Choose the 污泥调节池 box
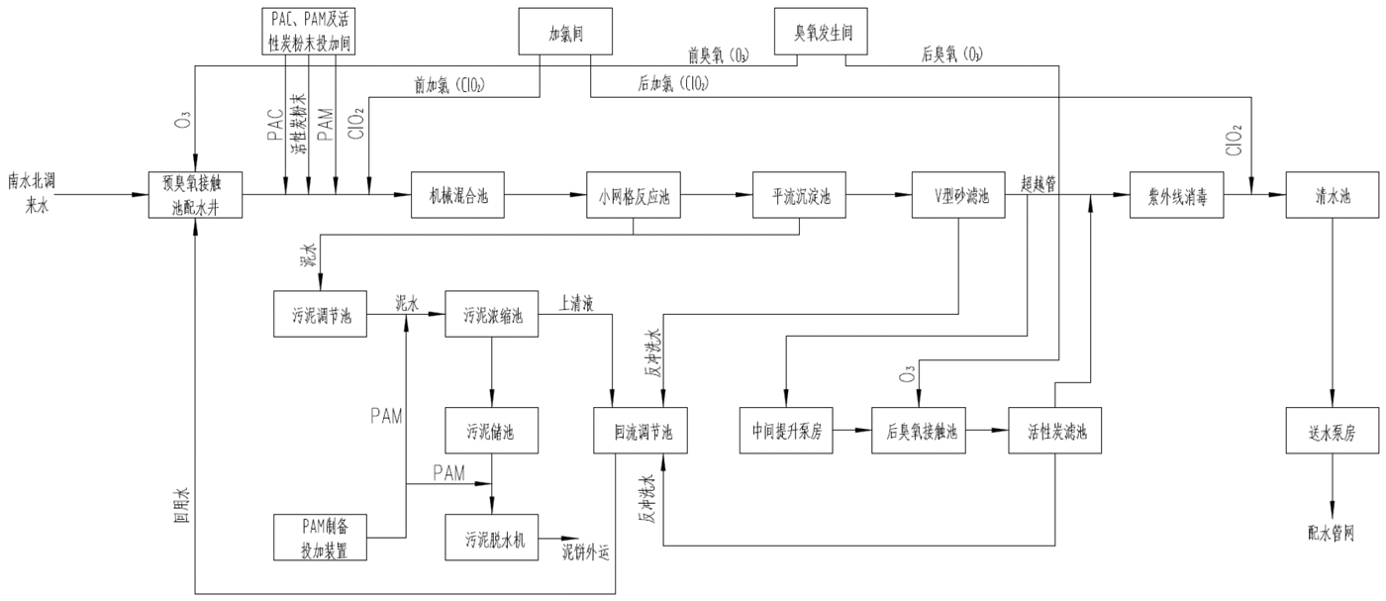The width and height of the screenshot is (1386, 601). click(x=321, y=316)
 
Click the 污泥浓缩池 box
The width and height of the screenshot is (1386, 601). click(x=492, y=316)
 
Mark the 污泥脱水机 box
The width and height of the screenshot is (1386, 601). click(x=492, y=540)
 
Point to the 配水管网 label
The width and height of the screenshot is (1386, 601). click(x=1331, y=534)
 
